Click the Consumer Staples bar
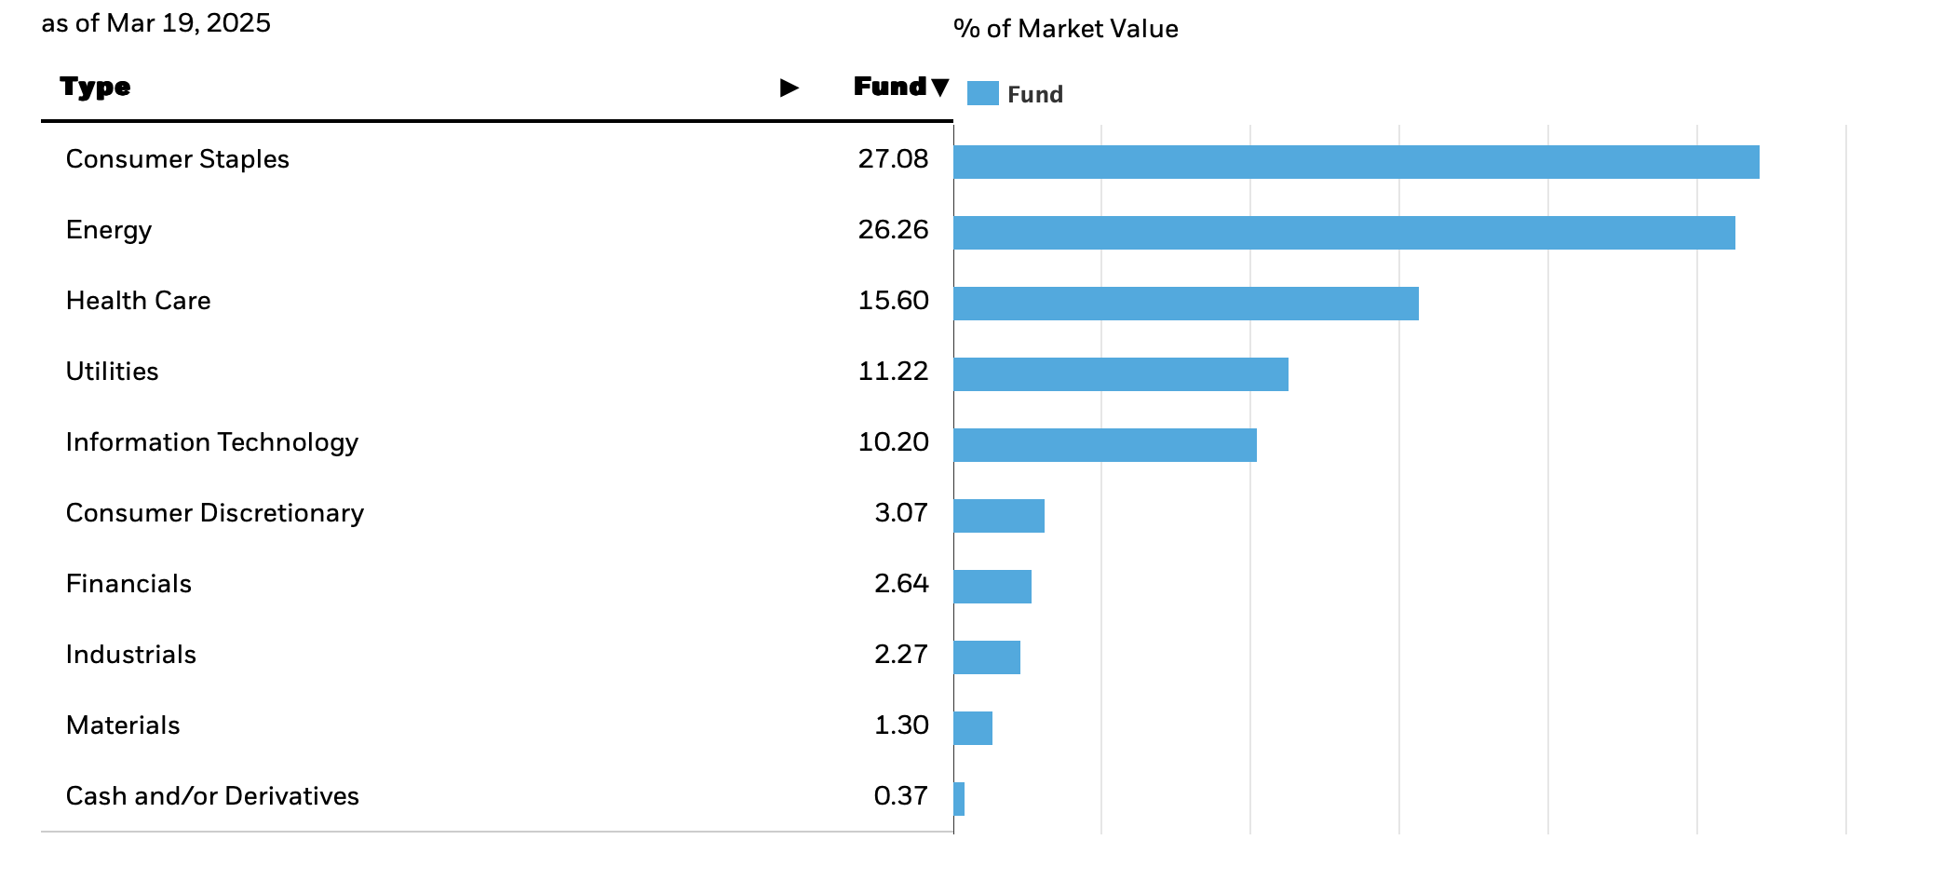point(1356,162)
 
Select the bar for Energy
point(1343,233)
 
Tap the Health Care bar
point(1185,304)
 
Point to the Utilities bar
point(1120,374)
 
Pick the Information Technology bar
point(1104,445)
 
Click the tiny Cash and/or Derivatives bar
point(959,799)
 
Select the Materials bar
point(973,728)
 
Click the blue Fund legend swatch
point(982,93)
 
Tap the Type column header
point(95,87)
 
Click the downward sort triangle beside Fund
point(939,87)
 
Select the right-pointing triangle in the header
point(789,88)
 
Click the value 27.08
point(892,159)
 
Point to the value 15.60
point(892,301)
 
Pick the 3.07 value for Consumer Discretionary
point(900,513)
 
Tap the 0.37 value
point(899,796)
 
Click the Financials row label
point(128,584)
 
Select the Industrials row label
point(130,655)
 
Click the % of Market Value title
point(1065,29)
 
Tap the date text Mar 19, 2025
point(188,22)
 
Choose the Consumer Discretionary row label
point(214,513)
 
